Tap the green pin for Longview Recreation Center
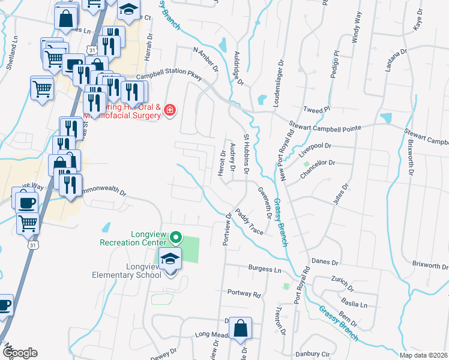[x=175, y=238]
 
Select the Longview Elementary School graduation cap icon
[x=170, y=259]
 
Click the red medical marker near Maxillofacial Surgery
[x=170, y=110]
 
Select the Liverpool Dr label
[x=315, y=146]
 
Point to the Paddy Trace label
[x=249, y=221]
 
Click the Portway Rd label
[x=244, y=295]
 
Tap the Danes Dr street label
[x=325, y=263]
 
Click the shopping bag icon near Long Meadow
[x=240, y=329]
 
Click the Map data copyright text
[x=423, y=355]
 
